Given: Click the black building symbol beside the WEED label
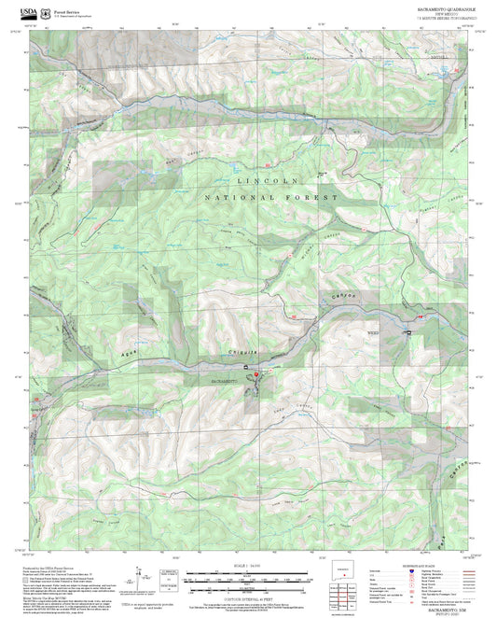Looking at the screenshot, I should pos(407,332).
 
